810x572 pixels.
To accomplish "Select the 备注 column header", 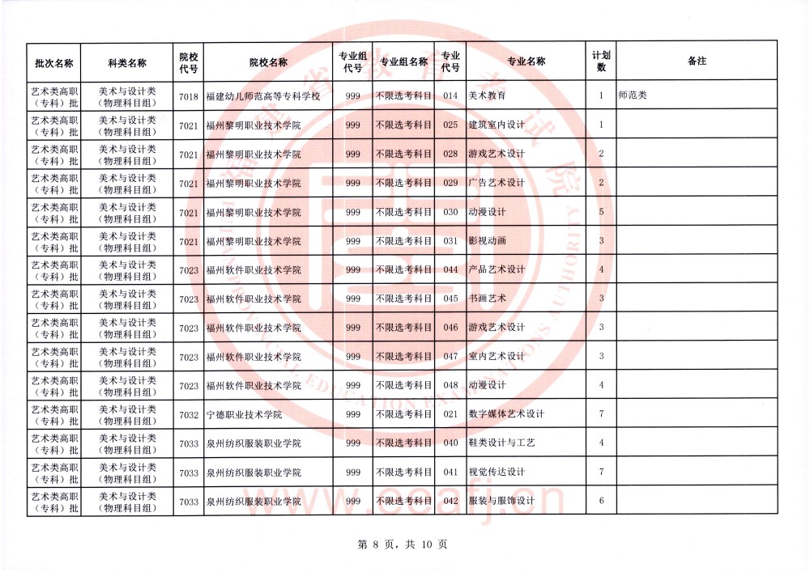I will pos(697,61).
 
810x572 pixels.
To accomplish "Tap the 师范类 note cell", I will pos(633,96).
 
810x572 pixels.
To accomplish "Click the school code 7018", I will pos(188,96).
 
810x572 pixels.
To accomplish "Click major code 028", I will pos(450,155).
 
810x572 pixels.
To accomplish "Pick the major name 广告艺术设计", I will pos(497,183).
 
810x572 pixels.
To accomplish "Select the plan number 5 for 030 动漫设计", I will pos(601,212).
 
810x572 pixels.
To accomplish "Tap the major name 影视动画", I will pos(487,241).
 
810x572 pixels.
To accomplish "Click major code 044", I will pos(450,269).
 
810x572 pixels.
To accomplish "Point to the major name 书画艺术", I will pos(487,299).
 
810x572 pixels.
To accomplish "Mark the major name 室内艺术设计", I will pos(497,357).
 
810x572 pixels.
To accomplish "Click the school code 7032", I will pos(188,415).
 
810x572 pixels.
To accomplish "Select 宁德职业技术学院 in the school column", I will pos(244,415).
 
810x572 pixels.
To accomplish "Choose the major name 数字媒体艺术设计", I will pos(506,415).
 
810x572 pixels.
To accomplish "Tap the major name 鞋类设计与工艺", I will pos(501,443).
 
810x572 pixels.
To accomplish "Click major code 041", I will pos(450,472).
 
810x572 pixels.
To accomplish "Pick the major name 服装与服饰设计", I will pos(501,502).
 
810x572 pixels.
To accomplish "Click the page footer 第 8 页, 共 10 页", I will pos(403,544).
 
